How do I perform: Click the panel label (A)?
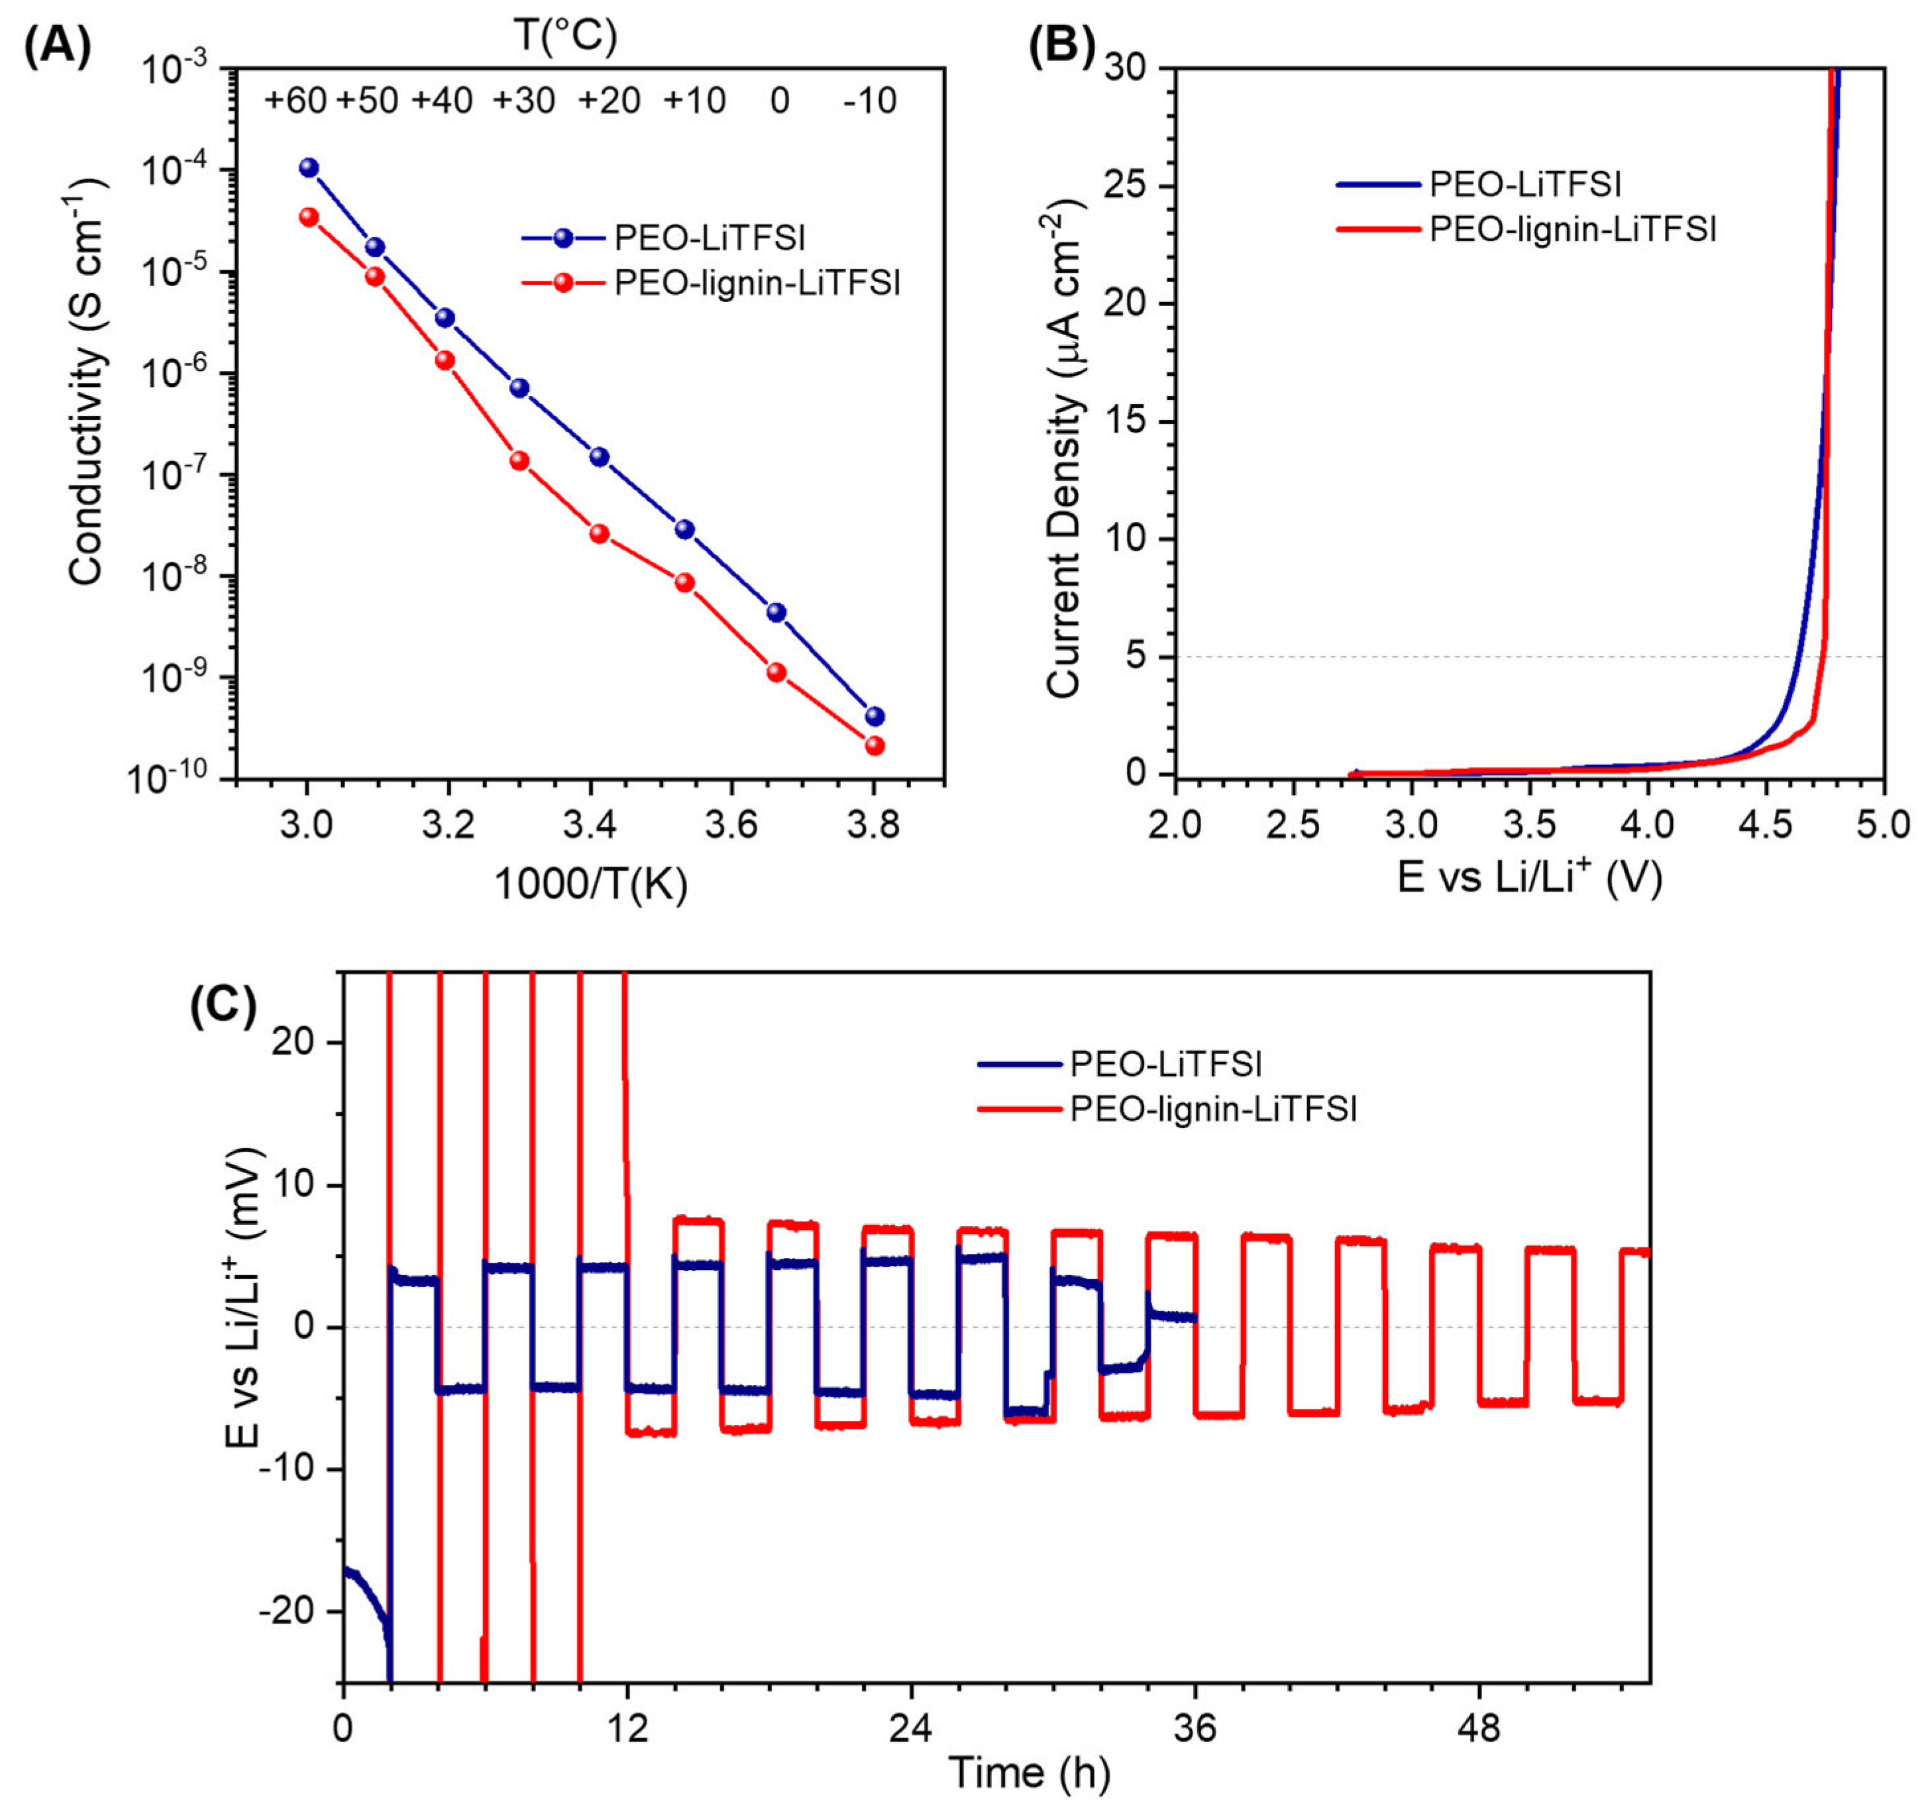tap(57, 46)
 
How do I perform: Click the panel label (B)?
tap(1061, 46)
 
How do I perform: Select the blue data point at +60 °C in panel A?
tap(309, 168)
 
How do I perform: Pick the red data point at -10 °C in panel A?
tap(874, 746)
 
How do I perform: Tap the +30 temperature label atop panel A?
tap(523, 101)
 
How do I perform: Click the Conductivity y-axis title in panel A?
tap(86, 382)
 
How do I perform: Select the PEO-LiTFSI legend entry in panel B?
tap(1525, 184)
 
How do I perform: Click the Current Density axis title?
tap(1065, 450)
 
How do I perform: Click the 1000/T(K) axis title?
tap(590, 882)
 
